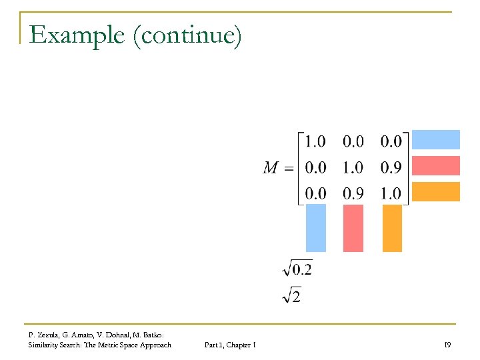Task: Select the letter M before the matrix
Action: tap(270, 167)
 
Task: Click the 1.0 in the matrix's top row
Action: tap(315, 141)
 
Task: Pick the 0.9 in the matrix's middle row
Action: tap(391, 167)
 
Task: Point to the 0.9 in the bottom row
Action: tap(353, 193)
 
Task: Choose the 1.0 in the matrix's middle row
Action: tap(353, 167)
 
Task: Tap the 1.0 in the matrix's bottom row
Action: tap(391, 193)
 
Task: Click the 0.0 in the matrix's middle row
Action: tap(315, 167)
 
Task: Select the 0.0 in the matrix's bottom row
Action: tap(315, 193)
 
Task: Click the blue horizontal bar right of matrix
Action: tap(436, 139)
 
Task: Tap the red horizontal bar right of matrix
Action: tap(436, 165)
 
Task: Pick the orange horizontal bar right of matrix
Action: tap(436, 191)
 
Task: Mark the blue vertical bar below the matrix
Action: tap(316, 228)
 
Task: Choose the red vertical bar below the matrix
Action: tap(353, 228)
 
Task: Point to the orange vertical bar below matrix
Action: tap(393, 228)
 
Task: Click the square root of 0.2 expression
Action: tap(297, 269)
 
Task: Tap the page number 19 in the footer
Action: tap(447, 345)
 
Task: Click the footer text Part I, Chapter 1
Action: tap(230, 345)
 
